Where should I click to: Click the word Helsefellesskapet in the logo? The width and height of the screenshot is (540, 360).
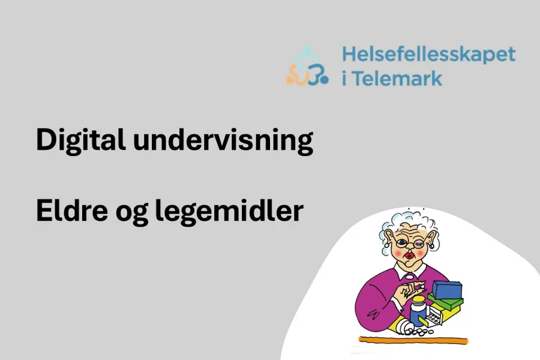point(428,54)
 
